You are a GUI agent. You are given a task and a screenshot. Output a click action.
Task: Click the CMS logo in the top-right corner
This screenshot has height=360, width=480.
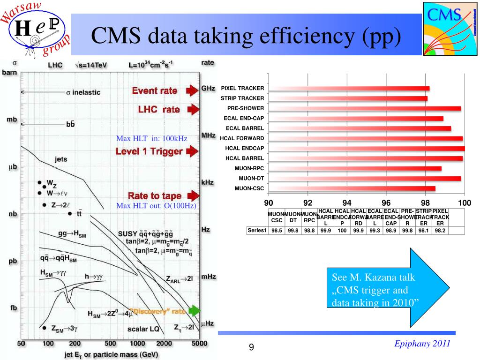pos(450,28)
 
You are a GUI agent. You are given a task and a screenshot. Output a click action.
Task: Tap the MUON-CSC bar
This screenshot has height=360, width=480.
pos(352,188)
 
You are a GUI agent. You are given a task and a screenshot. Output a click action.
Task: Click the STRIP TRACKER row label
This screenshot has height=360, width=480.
pos(242,98)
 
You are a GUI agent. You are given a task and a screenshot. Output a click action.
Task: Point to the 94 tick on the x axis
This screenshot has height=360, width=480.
pos(347,203)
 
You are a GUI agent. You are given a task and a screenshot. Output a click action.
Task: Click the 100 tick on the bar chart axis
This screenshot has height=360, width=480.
pos(464,203)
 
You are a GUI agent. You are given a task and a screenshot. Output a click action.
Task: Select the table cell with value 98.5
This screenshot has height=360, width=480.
pos(277,230)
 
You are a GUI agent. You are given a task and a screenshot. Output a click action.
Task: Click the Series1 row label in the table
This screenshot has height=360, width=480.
pos(257,230)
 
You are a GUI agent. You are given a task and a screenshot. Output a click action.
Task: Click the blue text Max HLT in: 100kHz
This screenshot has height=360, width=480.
pos(152,138)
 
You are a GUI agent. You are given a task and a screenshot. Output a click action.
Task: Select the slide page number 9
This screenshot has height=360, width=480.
pos(251,347)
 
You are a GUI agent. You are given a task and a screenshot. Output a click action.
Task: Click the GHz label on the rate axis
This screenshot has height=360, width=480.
pos(208,88)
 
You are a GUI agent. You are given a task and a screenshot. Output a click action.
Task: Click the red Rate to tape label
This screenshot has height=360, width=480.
pos(154,195)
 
